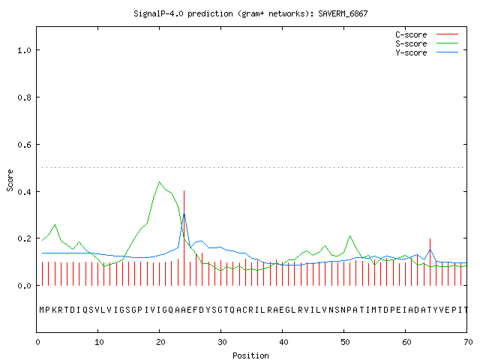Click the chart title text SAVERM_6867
[x=343, y=13]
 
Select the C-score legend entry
[x=427, y=34]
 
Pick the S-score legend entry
[x=427, y=43]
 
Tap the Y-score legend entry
[x=427, y=52]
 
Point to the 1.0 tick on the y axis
[x=24, y=50]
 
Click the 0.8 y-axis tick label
[x=24, y=97]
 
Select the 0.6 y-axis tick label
[x=24, y=145]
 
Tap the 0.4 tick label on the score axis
[x=24, y=192]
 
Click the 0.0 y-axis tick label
[x=24, y=286]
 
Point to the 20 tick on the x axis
[x=160, y=342]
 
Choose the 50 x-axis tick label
[x=345, y=342]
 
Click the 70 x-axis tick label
[x=468, y=342]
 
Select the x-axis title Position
[x=250, y=355]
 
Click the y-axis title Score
[x=10, y=180]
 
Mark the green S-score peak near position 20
[x=160, y=182]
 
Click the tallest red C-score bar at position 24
[x=184, y=238]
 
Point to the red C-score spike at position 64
[x=430, y=262]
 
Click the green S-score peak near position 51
[x=350, y=236]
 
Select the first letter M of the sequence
[x=42, y=310]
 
